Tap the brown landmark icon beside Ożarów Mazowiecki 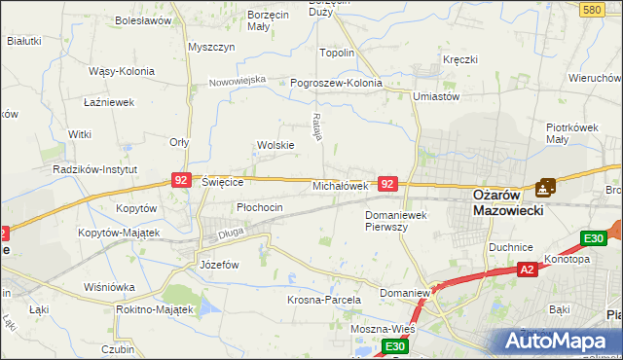(x=546, y=187)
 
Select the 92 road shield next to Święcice (x=181, y=180)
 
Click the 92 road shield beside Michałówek (x=387, y=184)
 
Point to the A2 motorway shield (x=527, y=270)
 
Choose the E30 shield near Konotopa (x=593, y=238)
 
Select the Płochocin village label (x=260, y=207)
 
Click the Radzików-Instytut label (x=93, y=168)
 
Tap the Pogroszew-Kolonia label (x=337, y=84)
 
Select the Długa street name (x=232, y=233)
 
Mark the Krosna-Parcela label (x=324, y=300)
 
